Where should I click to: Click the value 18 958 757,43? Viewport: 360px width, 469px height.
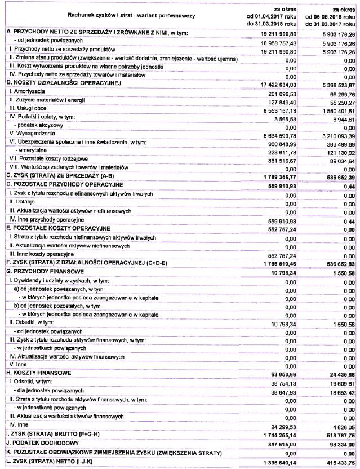(274, 42)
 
